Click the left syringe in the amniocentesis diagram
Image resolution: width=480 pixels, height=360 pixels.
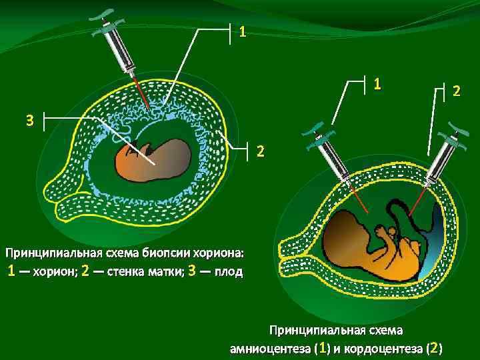[x=329, y=155]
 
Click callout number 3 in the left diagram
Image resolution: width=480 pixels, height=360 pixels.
[x=29, y=121]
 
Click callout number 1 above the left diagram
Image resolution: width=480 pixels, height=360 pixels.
[x=243, y=31]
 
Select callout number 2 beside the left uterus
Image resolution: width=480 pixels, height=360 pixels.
[x=261, y=151]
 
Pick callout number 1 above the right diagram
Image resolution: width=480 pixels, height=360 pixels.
[x=377, y=84]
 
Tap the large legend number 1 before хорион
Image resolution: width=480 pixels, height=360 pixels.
[x=11, y=271]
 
